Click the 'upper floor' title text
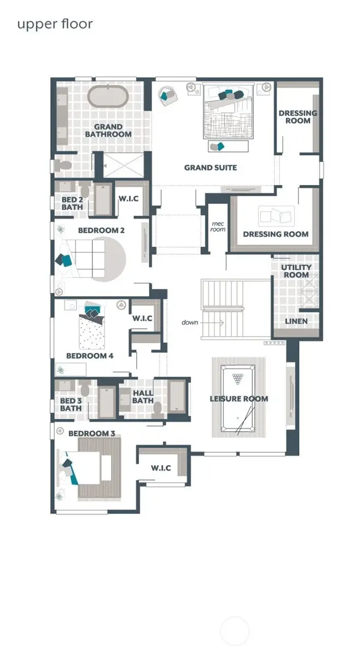click(55, 24)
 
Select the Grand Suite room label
click(210, 167)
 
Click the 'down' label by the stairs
click(190, 322)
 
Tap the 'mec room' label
click(218, 226)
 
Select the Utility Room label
click(296, 270)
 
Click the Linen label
click(296, 321)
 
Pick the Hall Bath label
click(143, 396)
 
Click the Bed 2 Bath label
click(72, 203)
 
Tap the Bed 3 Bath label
click(71, 404)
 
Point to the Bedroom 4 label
click(90, 356)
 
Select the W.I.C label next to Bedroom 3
click(161, 468)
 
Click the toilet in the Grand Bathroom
click(64, 164)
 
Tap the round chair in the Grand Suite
click(166, 94)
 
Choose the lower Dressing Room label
click(276, 234)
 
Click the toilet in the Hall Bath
click(158, 408)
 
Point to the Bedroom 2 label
click(101, 230)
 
